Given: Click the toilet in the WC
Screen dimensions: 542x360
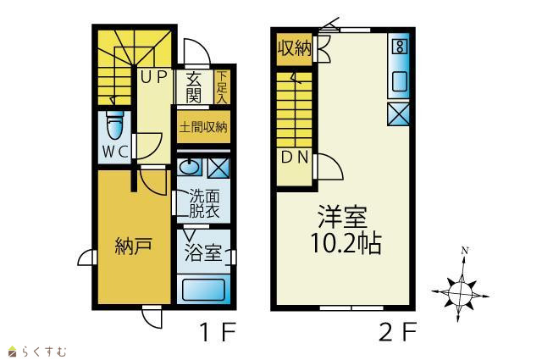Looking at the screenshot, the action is pos(115,126).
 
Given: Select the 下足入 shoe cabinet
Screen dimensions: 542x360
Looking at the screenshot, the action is pos(222,87).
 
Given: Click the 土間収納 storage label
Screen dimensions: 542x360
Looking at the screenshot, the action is pos(203,127).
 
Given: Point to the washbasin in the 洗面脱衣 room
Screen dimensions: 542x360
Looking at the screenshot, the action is pos(189,168).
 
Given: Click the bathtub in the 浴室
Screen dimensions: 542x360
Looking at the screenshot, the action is pos(203,290).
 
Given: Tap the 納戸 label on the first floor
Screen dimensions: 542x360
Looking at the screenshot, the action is pos(134,246).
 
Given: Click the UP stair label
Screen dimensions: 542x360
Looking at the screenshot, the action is pos(153,77).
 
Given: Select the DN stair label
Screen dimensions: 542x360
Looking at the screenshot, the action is pos(294,158).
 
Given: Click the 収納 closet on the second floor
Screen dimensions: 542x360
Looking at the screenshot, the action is pos(295,48).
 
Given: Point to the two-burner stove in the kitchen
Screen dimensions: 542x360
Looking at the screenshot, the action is pos(400,46).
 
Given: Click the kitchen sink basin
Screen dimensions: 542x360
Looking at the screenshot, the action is pos(400,81).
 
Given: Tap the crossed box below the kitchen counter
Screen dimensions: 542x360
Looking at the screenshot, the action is pos(399,114).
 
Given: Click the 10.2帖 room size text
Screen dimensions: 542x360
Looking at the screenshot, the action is pos(346,243).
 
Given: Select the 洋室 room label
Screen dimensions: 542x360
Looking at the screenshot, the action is pos(342,217).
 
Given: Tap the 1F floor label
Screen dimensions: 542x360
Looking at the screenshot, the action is pos(218,332).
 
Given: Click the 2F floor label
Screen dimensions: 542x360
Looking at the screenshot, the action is pos(397,332).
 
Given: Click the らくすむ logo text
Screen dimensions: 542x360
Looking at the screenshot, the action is pos(44,352).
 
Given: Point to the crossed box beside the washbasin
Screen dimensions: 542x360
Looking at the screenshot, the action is pos(218,168).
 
